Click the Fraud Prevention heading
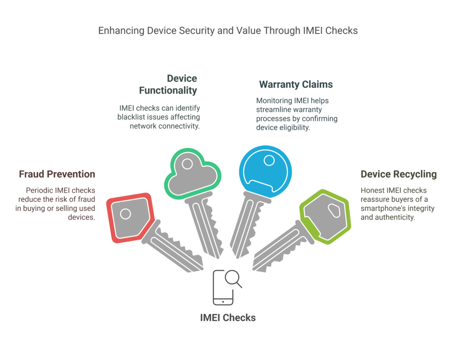[x=57, y=174]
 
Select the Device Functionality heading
[x=168, y=85]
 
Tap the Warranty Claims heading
[x=296, y=84]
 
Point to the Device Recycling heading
[x=398, y=174]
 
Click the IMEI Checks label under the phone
[x=228, y=317]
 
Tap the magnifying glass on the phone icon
[x=232, y=278]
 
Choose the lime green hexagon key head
[x=325, y=217]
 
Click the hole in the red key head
[x=126, y=214]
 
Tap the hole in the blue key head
[x=269, y=160]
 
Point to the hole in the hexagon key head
[x=334, y=210]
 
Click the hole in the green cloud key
[x=187, y=164]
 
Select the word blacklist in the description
[x=133, y=117]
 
